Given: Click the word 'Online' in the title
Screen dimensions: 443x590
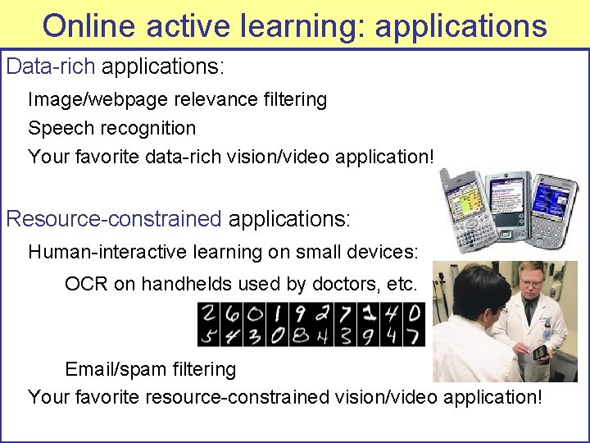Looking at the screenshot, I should click(88, 25).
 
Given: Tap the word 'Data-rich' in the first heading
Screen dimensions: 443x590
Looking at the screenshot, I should click(51, 66).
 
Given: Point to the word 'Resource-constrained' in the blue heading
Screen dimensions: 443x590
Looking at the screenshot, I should click(114, 219).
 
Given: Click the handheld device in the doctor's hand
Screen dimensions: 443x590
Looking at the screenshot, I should click(540, 354).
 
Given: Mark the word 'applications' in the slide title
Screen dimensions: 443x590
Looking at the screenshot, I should click(460, 25).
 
